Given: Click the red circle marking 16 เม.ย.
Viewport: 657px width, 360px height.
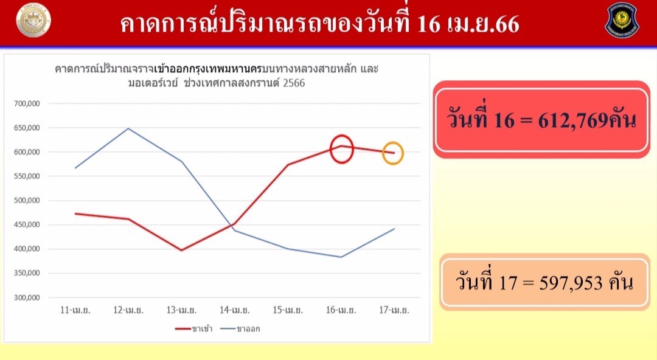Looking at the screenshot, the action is [330, 149].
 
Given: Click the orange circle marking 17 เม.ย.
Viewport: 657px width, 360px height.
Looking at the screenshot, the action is [383, 153].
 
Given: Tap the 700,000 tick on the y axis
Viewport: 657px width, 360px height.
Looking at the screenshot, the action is [27, 103].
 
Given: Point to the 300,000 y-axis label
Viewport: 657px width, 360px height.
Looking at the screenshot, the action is [27, 297].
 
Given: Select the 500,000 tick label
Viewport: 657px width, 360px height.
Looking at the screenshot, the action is [27, 200].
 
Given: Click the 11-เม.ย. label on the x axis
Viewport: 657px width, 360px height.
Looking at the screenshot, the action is [75, 310].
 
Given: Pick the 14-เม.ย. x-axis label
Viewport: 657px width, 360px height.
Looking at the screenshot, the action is [235, 310].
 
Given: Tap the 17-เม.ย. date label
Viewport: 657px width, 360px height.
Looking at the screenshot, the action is [394, 310].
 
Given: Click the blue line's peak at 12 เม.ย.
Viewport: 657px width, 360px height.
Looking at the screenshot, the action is [128, 128].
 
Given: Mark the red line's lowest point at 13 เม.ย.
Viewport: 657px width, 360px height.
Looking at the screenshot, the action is [181, 250].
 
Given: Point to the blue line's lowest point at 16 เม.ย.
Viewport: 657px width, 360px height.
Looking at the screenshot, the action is [341, 257].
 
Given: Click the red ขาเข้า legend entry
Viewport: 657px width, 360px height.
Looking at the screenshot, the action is [193, 329].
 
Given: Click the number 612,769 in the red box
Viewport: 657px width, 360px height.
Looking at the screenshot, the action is [573, 120].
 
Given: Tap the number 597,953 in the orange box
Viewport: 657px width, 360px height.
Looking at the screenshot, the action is [571, 283].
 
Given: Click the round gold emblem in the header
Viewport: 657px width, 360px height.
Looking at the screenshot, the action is [33, 20].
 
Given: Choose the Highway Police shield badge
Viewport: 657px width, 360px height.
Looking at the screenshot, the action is [622, 20].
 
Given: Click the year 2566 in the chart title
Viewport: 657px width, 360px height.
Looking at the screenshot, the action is [294, 83].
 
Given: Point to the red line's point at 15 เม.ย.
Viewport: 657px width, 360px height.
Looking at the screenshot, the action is [288, 164].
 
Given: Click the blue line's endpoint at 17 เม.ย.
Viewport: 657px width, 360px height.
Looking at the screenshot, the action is [394, 229].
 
